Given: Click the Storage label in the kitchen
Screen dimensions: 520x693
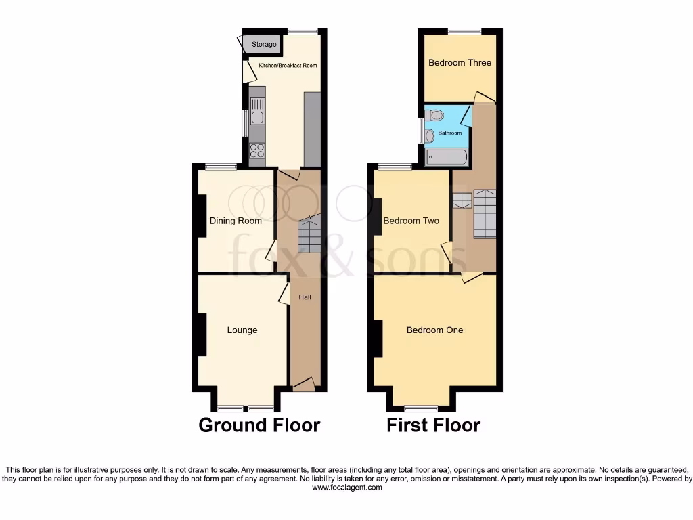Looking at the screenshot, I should [264, 45].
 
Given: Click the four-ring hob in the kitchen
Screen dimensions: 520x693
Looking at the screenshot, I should [257, 150].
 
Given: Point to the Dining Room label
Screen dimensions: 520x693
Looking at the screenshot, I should [236, 221].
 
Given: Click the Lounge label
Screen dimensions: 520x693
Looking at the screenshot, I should [242, 330].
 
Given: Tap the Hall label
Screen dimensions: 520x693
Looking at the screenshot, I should [305, 297].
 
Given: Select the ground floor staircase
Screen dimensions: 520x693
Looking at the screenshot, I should [309, 234].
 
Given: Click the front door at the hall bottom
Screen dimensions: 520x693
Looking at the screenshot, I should [304, 385].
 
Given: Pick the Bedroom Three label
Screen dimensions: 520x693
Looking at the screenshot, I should [460, 63].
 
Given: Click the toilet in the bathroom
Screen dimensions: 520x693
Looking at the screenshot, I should [434, 114].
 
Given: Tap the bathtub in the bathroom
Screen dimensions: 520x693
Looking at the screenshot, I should [446, 157].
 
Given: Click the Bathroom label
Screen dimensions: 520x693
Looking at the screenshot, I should [449, 133].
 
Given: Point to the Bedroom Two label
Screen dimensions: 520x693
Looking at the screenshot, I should [411, 221].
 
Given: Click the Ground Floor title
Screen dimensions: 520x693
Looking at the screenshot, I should [259, 425].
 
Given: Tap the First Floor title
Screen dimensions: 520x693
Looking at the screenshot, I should [433, 425].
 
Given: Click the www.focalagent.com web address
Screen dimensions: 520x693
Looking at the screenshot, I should [346, 487].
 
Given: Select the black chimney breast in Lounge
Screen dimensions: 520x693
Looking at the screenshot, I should [201, 334].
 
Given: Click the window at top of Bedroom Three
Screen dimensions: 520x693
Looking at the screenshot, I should [464, 31].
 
